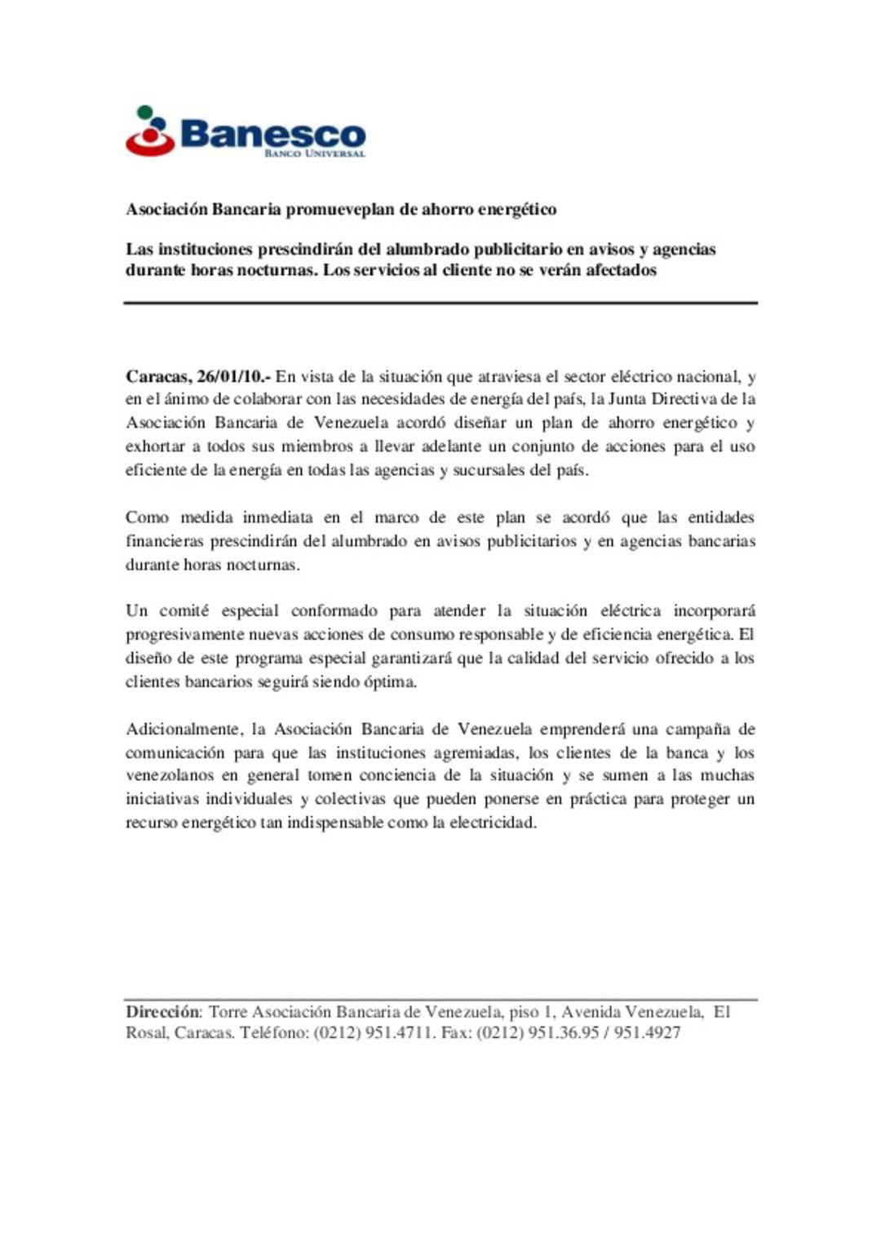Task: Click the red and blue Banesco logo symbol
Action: point(150,131)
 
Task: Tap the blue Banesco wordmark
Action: point(272,132)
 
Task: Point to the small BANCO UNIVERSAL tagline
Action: point(314,153)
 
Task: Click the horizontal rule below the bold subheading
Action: point(440,303)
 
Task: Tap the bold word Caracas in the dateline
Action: point(158,376)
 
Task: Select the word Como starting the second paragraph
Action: point(147,517)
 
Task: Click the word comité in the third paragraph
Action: point(184,610)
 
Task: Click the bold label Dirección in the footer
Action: point(162,1012)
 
